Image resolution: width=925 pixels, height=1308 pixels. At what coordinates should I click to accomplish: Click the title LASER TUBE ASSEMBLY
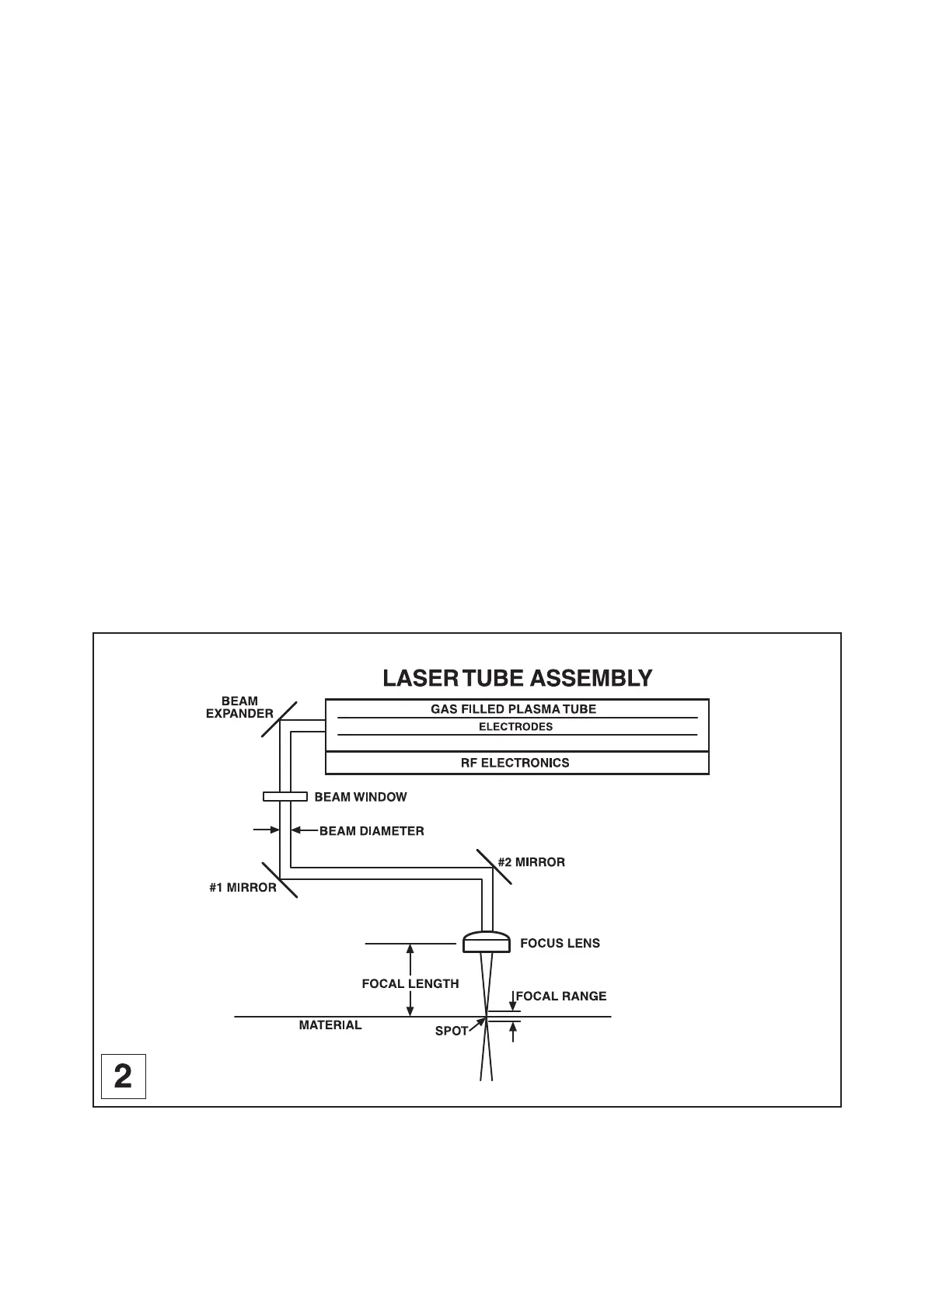pyautogui.click(x=517, y=678)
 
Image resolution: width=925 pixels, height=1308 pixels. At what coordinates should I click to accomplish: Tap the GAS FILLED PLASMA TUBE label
pyautogui.click(x=513, y=709)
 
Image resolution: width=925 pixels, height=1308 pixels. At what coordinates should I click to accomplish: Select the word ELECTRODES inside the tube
pyautogui.click(x=515, y=727)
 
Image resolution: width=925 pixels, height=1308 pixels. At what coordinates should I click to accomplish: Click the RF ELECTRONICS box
pyautogui.click(x=516, y=763)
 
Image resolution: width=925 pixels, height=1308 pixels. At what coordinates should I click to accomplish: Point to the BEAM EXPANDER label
pyautogui.click(x=239, y=708)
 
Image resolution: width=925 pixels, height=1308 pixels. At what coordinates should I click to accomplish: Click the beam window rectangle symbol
pyautogui.click(x=284, y=796)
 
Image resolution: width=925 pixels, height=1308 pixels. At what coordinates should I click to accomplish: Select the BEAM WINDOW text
pyautogui.click(x=360, y=797)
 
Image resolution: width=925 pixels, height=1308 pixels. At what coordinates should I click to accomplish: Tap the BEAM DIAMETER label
pyautogui.click(x=372, y=831)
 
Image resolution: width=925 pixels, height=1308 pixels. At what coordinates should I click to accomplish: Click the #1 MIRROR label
pyautogui.click(x=243, y=888)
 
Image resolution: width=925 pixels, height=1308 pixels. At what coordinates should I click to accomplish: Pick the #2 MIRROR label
pyautogui.click(x=531, y=862)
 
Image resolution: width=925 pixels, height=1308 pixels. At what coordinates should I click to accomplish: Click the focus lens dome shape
pyautogui.click(x=487, y=942)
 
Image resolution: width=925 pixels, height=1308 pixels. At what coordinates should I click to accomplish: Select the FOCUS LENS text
pyautogui.click(x=560, y=944)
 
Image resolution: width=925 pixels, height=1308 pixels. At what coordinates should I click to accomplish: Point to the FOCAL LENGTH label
pyautogui.click(x=410, y=983)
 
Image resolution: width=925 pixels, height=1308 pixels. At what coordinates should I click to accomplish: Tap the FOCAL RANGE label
pyautogui.click(x=561, y=997)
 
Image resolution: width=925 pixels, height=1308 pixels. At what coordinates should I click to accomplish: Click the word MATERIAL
pyautogui.click(x=330, y=1025)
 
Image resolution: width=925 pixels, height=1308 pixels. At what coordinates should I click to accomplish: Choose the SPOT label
pyautogui.click(x=451, y=1031)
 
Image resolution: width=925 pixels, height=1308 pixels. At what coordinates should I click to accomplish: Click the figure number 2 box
pyautogui.click(x=124, y=1076)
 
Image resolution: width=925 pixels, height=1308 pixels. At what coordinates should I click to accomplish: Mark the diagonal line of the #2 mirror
pyautogui.click(x=494, y=867)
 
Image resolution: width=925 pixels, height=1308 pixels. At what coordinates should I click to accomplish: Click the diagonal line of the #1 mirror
pyautogui.click(x=280, y=879)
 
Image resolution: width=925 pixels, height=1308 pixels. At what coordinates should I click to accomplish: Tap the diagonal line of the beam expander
pyautogui.click(x=279, y=719)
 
